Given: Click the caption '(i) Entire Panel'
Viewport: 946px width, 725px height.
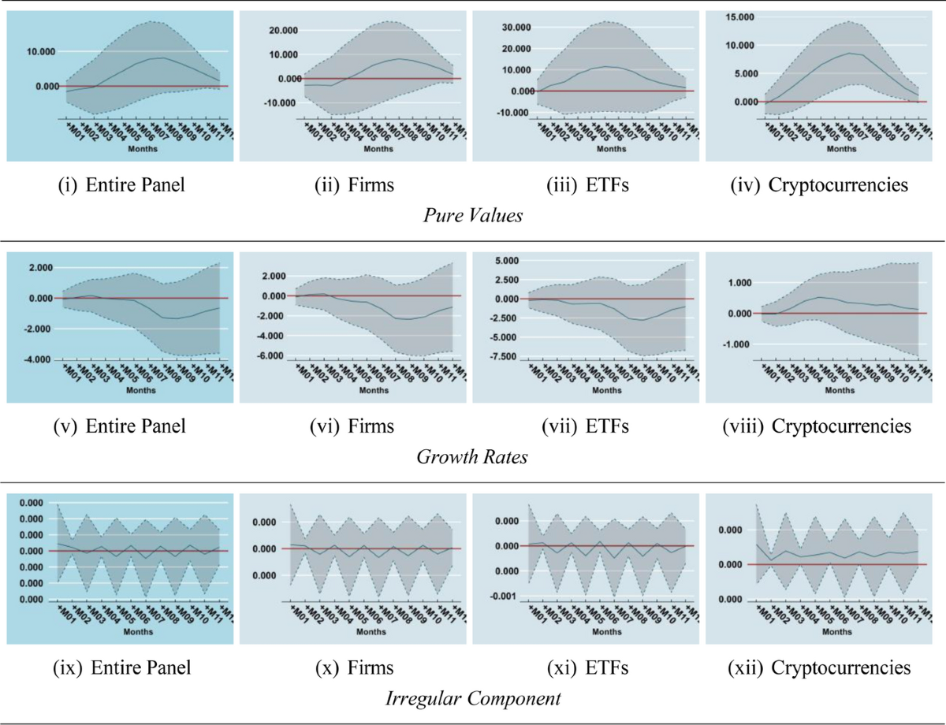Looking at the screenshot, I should [121, 186].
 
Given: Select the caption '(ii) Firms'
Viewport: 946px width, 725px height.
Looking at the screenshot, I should [352, 186].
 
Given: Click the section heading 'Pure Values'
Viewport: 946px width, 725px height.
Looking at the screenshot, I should [472, 215].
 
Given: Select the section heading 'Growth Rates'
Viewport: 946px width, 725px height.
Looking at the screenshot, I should [472, 456].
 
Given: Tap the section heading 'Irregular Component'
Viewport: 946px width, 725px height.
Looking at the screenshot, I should [472, 697].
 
